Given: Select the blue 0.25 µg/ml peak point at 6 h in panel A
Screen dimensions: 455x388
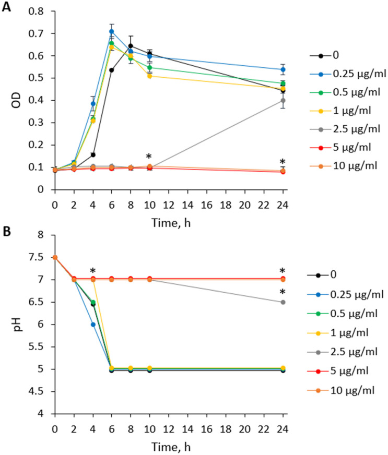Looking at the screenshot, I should [111, 31].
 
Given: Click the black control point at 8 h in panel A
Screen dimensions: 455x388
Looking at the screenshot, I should [131, 46].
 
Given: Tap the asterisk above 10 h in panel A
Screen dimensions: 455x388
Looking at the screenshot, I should [149, 157].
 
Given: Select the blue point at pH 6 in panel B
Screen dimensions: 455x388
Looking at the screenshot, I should [92, 324].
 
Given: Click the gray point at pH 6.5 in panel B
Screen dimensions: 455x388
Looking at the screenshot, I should [283, 302].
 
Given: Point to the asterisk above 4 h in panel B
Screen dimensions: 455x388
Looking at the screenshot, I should [92, 271].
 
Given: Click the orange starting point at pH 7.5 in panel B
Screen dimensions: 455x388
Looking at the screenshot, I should [54, 257].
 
